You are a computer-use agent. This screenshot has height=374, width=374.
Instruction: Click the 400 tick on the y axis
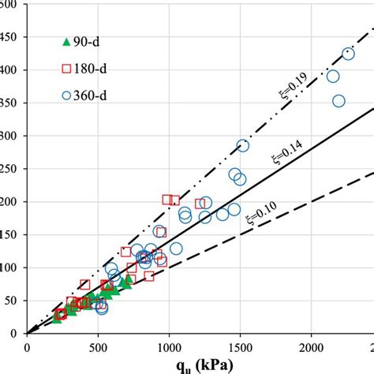pyautogui.click(x=13, y=69)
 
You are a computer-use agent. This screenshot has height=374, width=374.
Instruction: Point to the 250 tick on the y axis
pyautogui.click(x=13, y=168)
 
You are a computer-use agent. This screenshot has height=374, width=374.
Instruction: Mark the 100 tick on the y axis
pyautogui.click(x=13, y=267)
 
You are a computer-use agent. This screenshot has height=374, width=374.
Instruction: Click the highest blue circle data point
pyautogui.click(x=348, y=54)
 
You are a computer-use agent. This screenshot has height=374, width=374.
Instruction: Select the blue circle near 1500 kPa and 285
pyautogui.click(x=242, y=145)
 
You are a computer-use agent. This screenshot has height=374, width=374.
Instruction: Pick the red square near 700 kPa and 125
pyautogui.click(x=126, y=252)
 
